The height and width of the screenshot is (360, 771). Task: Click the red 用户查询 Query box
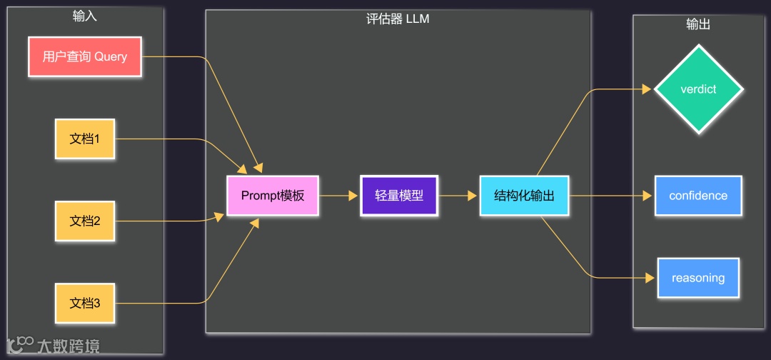pos(85,56)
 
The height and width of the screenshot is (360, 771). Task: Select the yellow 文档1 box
pos(85,139)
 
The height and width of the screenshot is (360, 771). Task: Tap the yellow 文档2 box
pos(85,221)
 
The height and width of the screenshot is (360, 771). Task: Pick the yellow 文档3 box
pos(85,304)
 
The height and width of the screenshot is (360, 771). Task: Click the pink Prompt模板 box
pos(273,196)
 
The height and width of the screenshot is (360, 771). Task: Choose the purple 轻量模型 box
pos(399,196)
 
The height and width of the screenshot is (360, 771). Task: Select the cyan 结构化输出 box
pos(524,196)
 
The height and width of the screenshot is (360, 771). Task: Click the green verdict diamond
pos(698,90)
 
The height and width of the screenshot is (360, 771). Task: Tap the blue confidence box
pos(698,196)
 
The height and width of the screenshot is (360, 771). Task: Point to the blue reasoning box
pos(698,278)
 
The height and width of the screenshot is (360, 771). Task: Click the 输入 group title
pos(85,16)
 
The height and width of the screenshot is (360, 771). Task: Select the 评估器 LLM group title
pos(398,19)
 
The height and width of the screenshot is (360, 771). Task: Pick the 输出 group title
pos(698,24)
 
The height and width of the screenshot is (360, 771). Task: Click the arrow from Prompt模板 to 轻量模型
pos(340,196)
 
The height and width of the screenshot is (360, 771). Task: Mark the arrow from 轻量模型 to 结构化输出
pos(458,196)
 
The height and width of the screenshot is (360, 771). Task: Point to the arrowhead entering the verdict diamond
pos(647,90)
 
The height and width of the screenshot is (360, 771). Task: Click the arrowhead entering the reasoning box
pos(650,278)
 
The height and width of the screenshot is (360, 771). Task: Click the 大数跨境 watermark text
pos(69,346)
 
